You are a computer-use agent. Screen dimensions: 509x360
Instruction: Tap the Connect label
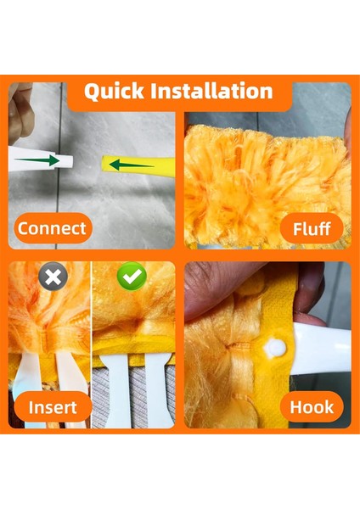click(x=52, y=227)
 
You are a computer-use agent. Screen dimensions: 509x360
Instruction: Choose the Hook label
click(x=312, y=406)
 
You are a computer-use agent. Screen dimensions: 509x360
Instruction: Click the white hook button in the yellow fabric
click(x=274, y=347)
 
